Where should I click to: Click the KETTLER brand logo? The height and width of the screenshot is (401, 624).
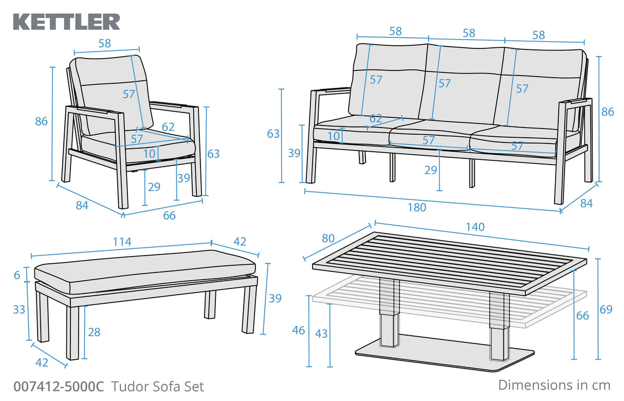pos(66,22)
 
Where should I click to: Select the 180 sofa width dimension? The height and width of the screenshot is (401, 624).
pos(417,207)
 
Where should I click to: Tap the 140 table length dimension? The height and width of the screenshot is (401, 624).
pos(474,227)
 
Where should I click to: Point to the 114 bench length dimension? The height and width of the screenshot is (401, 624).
pos(122,241)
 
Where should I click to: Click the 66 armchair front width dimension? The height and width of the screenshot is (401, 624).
pos(169,215)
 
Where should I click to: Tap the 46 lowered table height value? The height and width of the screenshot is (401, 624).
pos(299,330)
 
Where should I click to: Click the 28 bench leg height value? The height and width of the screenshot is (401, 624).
pos(94,332)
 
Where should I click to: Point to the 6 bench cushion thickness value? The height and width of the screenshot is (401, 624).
pos(17,276)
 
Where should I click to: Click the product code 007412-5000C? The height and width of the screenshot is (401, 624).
pos(59,387)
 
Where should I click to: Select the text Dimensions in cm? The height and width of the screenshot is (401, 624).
pos(554,385)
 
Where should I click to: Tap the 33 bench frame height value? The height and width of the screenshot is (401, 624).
pos(19,309)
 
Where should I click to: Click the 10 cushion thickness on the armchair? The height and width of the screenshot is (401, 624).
pos(149,153)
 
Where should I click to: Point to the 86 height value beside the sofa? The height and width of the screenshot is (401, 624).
pos(608,112)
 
